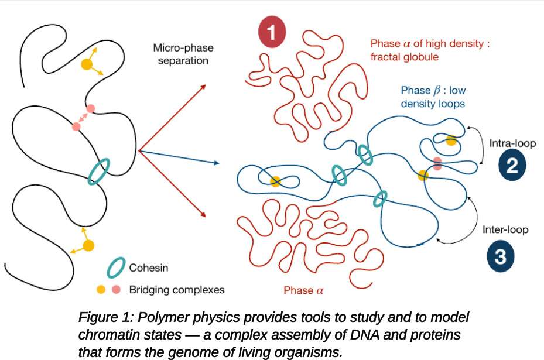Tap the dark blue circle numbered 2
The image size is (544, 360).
(511, 166)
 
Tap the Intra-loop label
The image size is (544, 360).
(512, 143)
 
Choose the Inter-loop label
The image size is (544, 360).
(505, 229)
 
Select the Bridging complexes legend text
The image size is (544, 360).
(176, 289)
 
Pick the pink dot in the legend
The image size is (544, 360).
(116, 289)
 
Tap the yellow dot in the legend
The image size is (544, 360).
(101, 289)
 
